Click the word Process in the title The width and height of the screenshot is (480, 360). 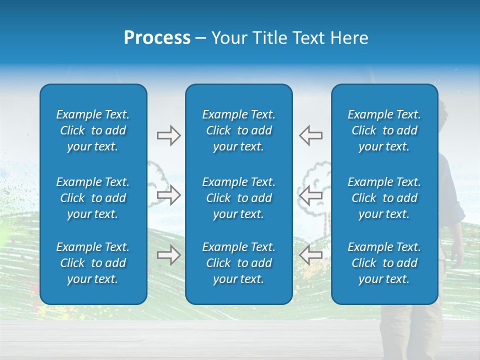[x=157, y=38]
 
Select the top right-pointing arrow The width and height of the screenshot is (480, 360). [x=168, y=135]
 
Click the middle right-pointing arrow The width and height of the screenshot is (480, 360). [x=168, y=195]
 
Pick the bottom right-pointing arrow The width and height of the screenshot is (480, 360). [x=168, y=255]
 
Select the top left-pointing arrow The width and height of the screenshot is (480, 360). [x=311, y=135]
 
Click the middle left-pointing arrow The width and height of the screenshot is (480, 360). [x=311, y=195]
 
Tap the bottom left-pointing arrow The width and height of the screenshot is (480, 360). [x=311, y=255]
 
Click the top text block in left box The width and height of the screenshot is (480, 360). [x=93, y=130]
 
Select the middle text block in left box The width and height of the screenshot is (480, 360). [x=93, y=198]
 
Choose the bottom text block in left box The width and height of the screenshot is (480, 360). [x=93, y=263]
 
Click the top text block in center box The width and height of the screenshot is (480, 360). [x=238, y=130]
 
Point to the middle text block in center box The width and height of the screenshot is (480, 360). [x=238, y=198]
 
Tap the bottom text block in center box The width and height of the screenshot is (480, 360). [x=238, y=263]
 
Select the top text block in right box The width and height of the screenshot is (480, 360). [x=384, y=130]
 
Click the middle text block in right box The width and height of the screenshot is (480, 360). [x=384, y=198]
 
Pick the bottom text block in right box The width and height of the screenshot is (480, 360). [x=384, y=263]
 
